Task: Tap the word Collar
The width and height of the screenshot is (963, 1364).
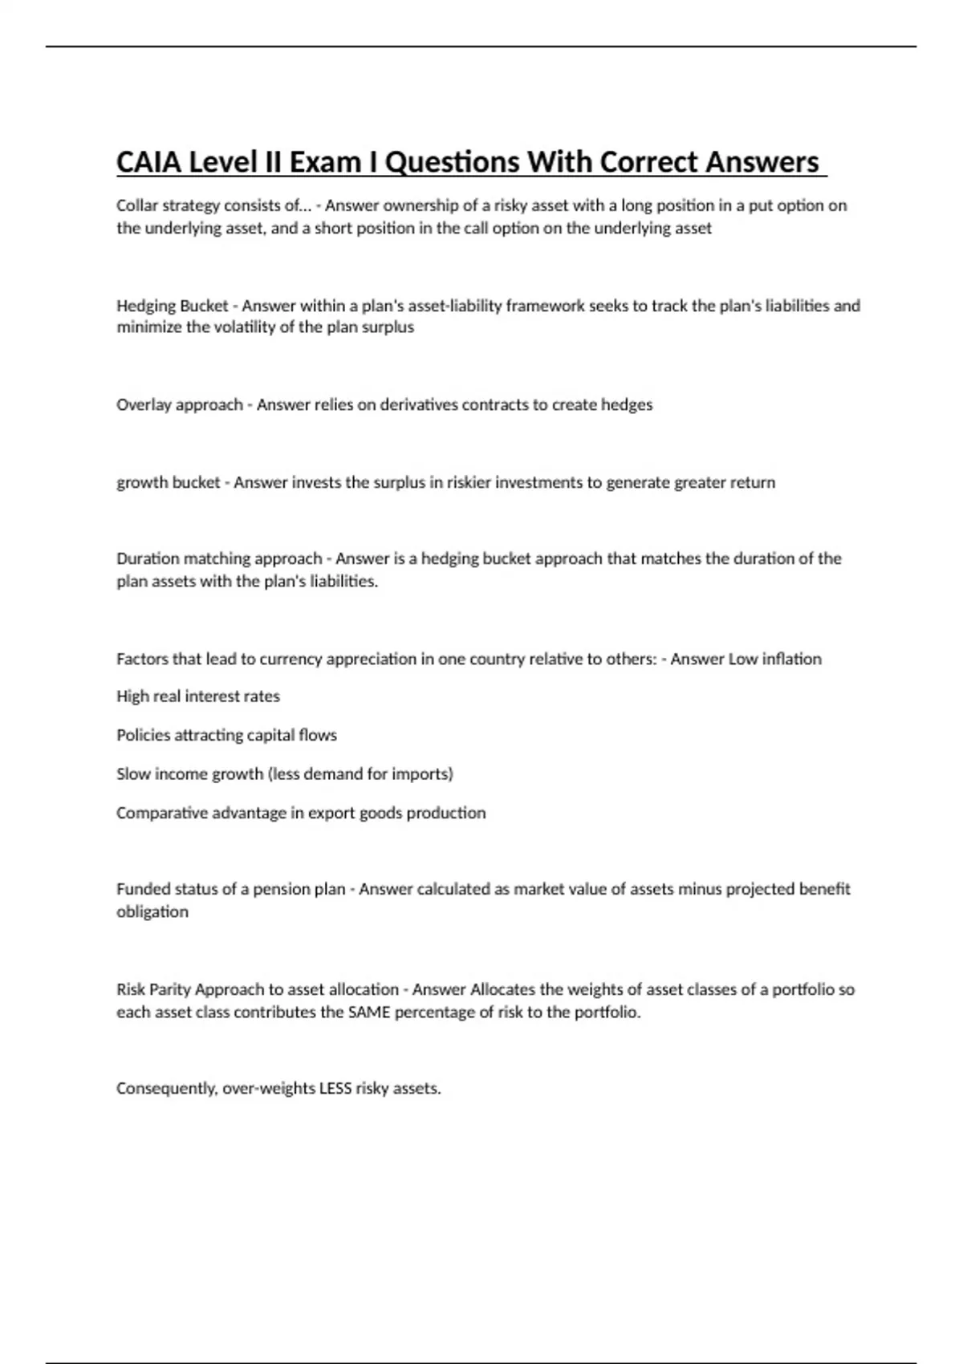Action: (x=137, y=205)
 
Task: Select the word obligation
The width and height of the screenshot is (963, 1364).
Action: (x=152, y=912)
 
